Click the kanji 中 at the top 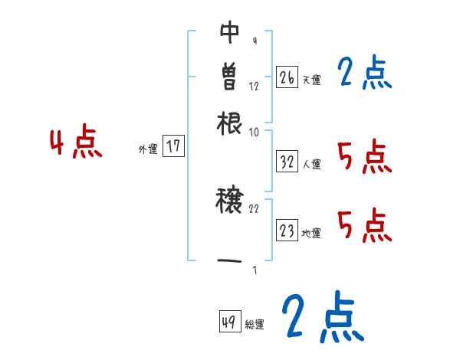pyautogui.click(x=230, y=31)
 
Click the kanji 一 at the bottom pyautogui.click(x=230, y=261)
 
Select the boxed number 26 pyautogui.click(x=287, y=77)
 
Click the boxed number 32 pyautogui.click(x=287, y=162)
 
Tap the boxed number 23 pyautogui.click(x=287, y=231)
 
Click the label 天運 pyautogui.click(x=312, y=80)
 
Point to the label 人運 pyautogui.click(x=312, y=164)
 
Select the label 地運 pyautogui.click(x=312, y=234)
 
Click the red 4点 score pyautogui.click(x=75, y=144)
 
